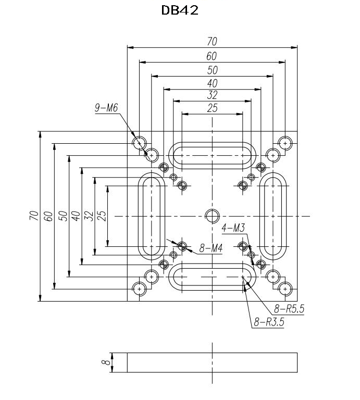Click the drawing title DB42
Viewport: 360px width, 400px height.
coord(180,10)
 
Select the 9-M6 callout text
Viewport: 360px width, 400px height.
coord(106,108)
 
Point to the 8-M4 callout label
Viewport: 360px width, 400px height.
coord(211,248)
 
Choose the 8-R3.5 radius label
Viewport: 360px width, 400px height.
coord(269,322)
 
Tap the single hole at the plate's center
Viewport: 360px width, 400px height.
coord(212,216)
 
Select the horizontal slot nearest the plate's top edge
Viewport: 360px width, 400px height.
coord(212,155)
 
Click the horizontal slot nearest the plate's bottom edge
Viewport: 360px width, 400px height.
coord(212,277)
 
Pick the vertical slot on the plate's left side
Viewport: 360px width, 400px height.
coord(151,216)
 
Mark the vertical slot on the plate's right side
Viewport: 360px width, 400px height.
coord(273,216)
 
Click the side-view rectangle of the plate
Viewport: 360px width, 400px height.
coord(212,362)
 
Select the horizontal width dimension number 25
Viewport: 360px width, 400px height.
coord(212,108)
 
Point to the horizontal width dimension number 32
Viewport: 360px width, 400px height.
coord(212,95)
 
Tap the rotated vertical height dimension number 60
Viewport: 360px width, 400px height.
coord(48,216)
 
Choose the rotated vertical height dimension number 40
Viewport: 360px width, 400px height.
coord(75,216)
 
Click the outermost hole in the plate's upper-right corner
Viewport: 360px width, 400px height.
coord(285,143)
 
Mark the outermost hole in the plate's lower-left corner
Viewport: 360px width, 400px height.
coord(139,289)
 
